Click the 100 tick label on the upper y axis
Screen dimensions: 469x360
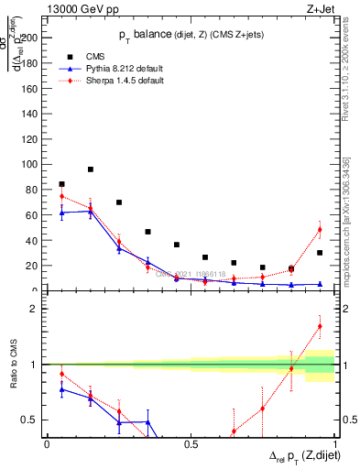pyautogui.click(x=29, y=165)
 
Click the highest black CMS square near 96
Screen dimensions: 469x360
pyautogui.click(x=91, y=169)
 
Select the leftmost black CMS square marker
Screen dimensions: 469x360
pyautogui.click(x=61, y=184)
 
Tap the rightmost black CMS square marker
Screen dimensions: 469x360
pyautogui.click(x=320, y=253)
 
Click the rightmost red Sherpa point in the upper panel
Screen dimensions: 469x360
pyautogui.click(x=320, y=229)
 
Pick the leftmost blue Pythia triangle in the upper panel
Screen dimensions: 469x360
pyautogui.click(x=61, y=213)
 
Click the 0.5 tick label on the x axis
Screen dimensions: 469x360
pyautogui.click(x=191, y=444)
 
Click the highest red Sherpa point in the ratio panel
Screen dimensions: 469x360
pyautogui.click(x=320, y=326)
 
